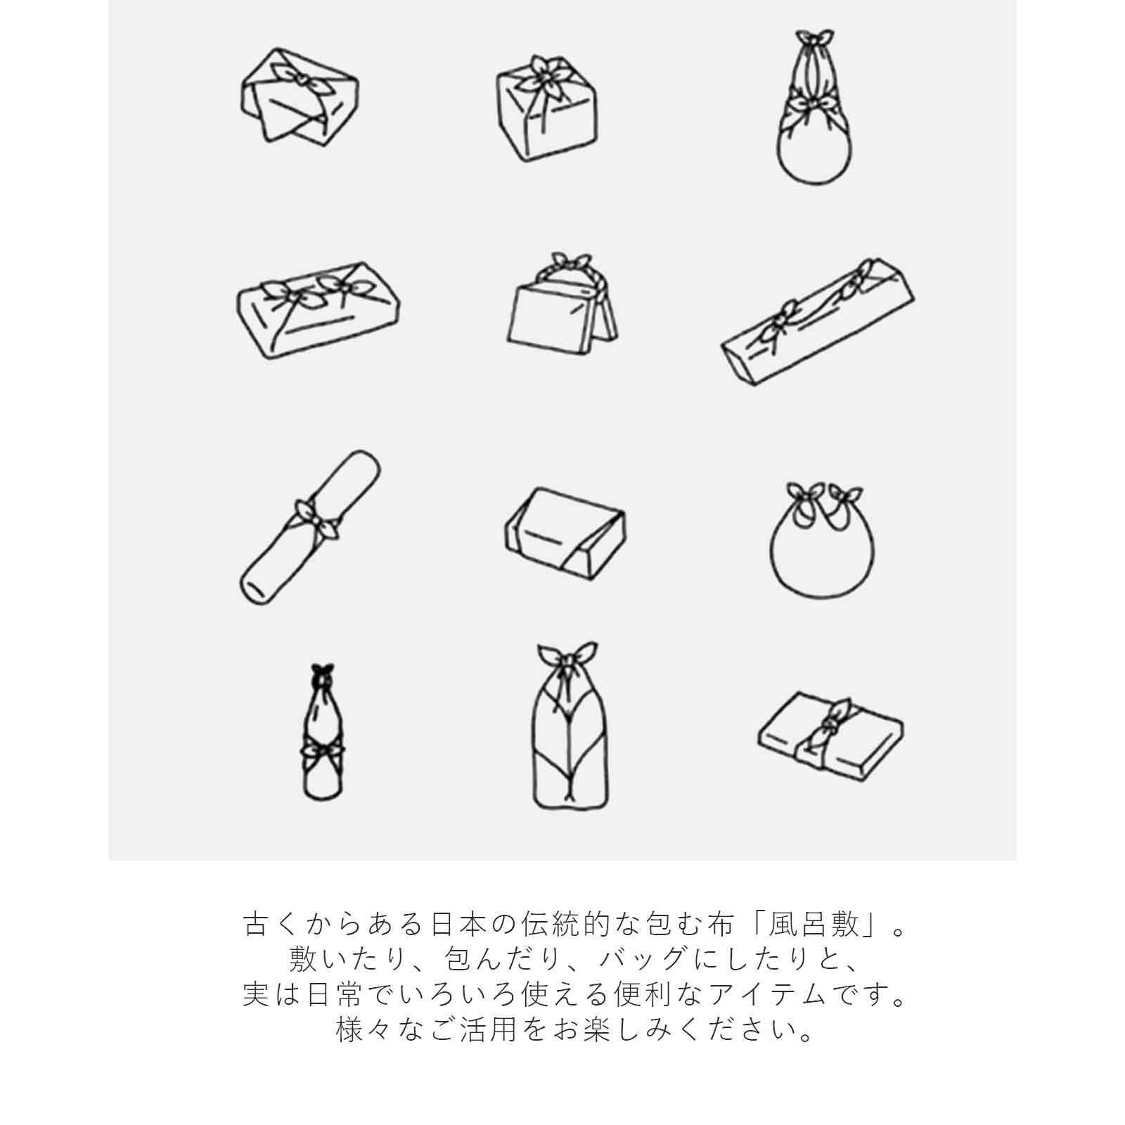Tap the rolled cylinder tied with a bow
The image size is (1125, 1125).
tap(310, 527)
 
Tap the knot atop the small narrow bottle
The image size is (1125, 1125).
tap(323, 672)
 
